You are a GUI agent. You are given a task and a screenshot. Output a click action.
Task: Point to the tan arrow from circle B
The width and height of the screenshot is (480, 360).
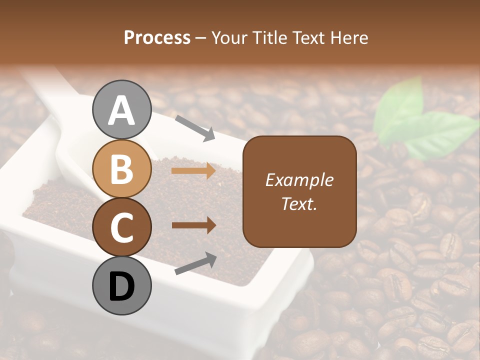(x=193, y=171)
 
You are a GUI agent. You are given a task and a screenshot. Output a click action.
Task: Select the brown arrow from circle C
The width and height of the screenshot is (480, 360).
(x=193, y=225)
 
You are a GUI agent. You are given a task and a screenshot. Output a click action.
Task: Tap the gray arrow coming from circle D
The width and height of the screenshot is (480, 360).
(x=195, y=264)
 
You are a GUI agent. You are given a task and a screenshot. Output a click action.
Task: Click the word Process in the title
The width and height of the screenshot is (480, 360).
(x=157, y=38)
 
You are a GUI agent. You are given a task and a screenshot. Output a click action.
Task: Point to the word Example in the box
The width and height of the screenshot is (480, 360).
(x=299, y=180)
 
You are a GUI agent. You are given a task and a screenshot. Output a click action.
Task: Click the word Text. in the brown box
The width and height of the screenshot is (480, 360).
(x=299, y=203)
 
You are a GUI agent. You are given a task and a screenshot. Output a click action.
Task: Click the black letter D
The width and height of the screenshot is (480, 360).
(x=121, y=286)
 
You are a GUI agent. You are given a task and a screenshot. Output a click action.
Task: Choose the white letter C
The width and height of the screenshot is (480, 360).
(x=121, y=227)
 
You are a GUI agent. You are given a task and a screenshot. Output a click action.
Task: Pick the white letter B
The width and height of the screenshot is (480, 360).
(x=121, y=169)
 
